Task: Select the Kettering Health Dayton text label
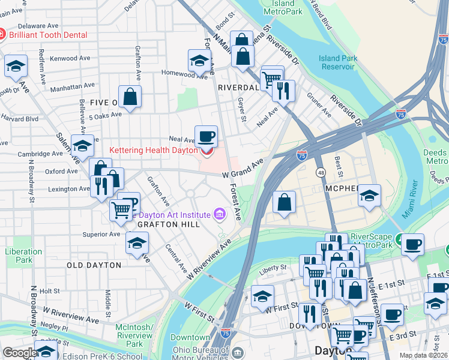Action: click(x=153, y=150)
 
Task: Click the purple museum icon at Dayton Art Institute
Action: click(x=220, y=214)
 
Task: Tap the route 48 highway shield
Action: click(x=322, y=173)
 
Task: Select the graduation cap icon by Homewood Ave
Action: click(x=199, y=60)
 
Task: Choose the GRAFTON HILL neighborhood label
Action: click(x=169, y=224)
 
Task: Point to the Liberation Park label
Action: click(x=19, y=256)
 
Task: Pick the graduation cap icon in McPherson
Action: click(x=369, y=195)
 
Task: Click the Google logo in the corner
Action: click(x=19, y=353)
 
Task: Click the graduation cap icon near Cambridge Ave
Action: click(x=82, y=146)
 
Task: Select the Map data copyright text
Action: click(x=424, y=355)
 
